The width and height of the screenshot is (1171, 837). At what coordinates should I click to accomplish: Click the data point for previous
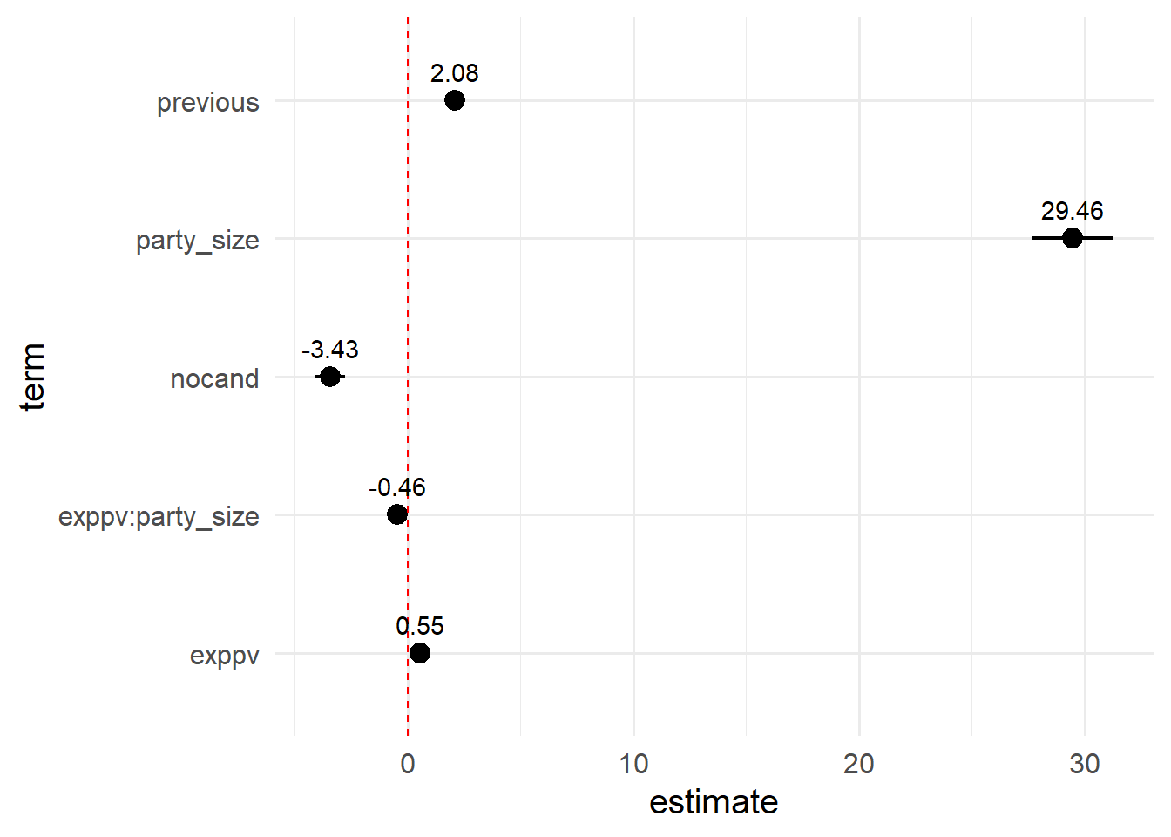tap(454, 100)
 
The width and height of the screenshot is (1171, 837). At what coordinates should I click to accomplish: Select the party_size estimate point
tap(1072, 238)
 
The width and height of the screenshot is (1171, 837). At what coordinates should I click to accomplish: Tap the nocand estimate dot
tap(329, 377)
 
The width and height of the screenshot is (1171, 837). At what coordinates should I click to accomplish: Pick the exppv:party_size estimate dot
tap(396, 514)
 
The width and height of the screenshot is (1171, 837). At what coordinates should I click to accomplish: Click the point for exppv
tap(419, 653)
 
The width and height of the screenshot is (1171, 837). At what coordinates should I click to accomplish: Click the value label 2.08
tap(454, 73)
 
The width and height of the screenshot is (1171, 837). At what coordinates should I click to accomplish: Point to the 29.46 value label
tap(1072, 211)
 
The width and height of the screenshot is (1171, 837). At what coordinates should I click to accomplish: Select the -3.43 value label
tap(329, 350)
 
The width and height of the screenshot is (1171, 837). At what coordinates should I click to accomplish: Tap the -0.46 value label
tap(396, 487)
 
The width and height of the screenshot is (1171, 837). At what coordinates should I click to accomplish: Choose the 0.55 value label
tap(419, 626)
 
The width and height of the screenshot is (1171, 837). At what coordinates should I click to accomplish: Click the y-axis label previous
tap(207, 103)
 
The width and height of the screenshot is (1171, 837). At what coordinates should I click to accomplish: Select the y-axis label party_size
tap(197, 241)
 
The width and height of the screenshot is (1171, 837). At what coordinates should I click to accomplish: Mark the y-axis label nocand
tap(214, 379)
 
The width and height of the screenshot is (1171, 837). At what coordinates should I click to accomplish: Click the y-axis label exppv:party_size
tap(159, 517)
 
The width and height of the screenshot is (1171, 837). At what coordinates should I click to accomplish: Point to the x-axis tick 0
tap(408, 765)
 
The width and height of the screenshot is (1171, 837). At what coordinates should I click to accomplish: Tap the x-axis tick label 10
tap(633, 765)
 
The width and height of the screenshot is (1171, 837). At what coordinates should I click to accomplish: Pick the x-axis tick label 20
tap(859, 765)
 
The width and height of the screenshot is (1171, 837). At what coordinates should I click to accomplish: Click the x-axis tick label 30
tap(1085, 765)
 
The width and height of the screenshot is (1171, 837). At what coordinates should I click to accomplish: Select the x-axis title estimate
tap(714, 802)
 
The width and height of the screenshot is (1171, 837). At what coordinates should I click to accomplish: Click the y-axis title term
tap(32, 377)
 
